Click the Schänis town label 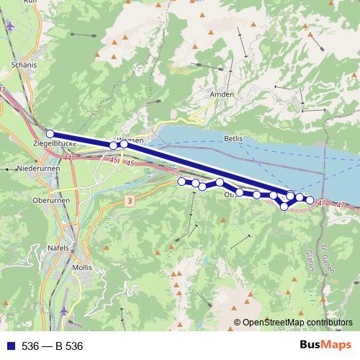click(24, 63)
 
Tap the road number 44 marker click(67, 158)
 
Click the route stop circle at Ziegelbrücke click(50, 134)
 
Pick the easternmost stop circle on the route click(310, 199)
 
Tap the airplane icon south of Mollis click(64, 310)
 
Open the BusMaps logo click(330, 346)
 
